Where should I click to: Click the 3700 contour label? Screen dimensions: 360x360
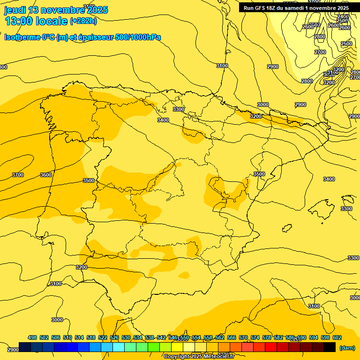click(17, 175)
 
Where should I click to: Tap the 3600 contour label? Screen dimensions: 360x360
click(46, 175)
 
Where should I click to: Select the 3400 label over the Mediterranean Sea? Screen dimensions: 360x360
click(329, 179)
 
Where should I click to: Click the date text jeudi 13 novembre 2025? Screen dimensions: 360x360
click(56, 10)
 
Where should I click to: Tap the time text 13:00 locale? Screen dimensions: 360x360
click(36, 21)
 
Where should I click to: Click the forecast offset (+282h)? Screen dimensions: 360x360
click(83, 21)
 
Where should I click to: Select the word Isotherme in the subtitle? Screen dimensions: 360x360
click(22, 37)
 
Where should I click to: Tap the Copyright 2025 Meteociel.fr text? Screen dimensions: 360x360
click(199, 357)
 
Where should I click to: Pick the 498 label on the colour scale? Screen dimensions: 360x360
click(32, 337)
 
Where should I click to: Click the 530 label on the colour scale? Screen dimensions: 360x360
click(126, 337)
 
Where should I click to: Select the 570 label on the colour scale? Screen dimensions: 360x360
click(243, 337)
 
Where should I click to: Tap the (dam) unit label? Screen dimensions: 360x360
click(347, 347)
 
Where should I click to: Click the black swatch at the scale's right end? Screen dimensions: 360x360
click(330, 347)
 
